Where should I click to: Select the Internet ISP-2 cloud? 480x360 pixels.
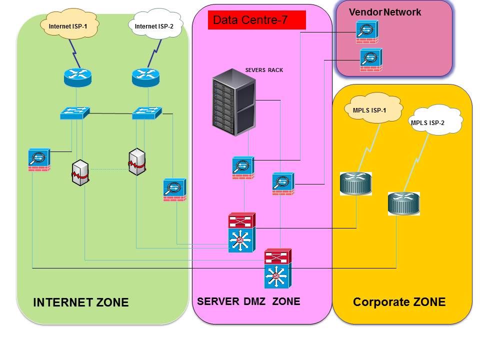coord(154,25)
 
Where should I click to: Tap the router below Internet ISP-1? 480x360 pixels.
coord(78,76)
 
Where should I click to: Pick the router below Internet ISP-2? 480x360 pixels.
coord(145,76)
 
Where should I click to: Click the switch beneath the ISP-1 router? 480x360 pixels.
coord(74,113)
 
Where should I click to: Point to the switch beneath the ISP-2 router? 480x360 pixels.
coord(147,113)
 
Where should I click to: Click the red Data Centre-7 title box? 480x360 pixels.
coord(256,20)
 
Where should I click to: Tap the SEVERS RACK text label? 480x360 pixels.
coord(264,70)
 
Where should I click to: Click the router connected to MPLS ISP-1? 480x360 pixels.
coord(356,183)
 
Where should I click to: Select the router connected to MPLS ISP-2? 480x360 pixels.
coord(403,204)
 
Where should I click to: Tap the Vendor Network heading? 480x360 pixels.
coord(385,12)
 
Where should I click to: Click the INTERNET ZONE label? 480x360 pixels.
coord(80,302)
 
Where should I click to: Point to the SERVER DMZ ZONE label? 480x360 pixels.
coord(248,301)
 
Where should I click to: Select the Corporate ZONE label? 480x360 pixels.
coord(399,302)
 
